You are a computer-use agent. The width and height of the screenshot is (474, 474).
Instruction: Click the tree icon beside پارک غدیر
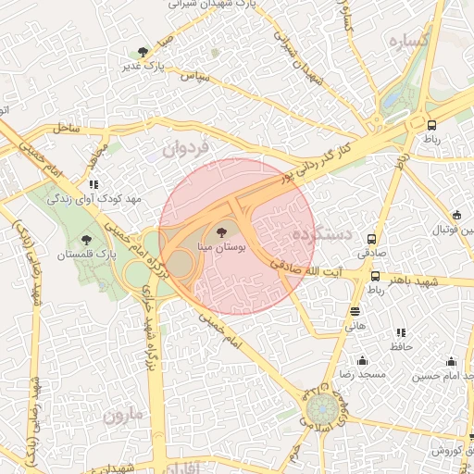pos(142,53)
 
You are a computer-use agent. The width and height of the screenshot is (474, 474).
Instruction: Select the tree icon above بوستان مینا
pos(220,231)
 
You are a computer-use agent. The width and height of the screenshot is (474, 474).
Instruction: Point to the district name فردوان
pos(188,146)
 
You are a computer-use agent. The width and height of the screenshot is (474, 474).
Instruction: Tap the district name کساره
pos(407,41)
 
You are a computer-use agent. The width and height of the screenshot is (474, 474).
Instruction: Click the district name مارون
pos(124,415)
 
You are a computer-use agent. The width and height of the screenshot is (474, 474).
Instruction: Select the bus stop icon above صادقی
pos(372,238)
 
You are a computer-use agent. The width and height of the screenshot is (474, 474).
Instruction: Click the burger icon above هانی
pos(356,312)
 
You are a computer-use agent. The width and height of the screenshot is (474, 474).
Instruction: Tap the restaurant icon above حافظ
pos(400,332)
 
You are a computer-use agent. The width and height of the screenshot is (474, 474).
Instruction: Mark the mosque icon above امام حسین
pos(451,361)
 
